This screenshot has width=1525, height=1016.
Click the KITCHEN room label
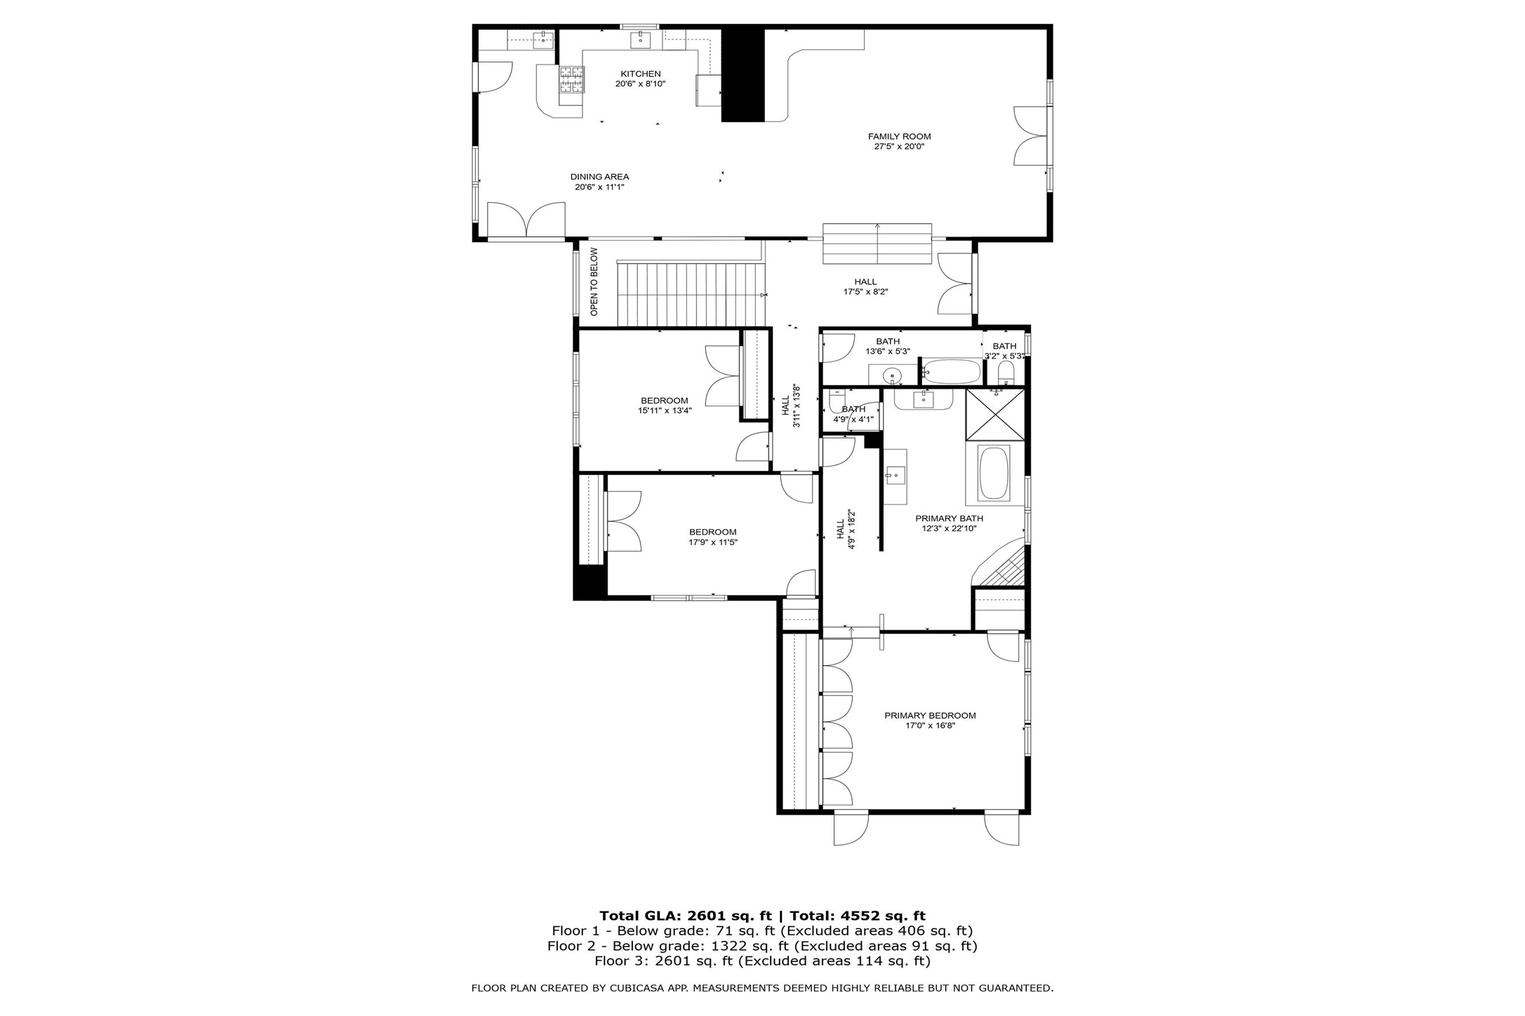pyautogui.click(x=640, y=74)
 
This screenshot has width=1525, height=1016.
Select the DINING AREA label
pyautogui.click(x=599, y=177)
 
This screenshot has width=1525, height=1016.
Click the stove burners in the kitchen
pyautogui.click(x=571, y=80)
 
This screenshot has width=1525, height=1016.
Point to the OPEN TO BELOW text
pyautogui.click(x=594, y=281)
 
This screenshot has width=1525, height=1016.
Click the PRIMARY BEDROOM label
pyautogui.click(x=930, y=716)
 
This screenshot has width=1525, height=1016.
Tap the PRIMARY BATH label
pyautogui.click(x=949, y=519)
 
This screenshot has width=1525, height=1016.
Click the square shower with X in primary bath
pyautogui.click(x=995, y=414)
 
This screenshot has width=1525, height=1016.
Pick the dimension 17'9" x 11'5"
pyautogui.click(x=712, y=542)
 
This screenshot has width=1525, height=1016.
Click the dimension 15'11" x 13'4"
pyautogui.click(x=665, y=411)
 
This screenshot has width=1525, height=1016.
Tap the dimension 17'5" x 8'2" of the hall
pyautogui.click(x=865, y=292)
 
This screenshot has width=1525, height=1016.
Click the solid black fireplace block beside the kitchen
pyautogui.click(x=742, y=75)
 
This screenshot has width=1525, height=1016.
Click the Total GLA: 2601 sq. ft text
pyautogui.click(x=685, y=916)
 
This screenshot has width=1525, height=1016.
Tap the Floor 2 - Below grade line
pyautogui.click(x=762, y=946)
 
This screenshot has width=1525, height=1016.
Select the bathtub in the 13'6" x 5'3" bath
pyautogui.click(x=951, y=371)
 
